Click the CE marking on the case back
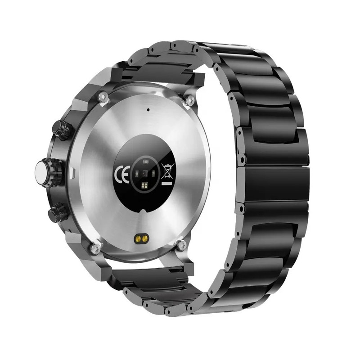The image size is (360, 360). [x=122, y=174]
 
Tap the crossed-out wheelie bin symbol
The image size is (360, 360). [x=168, y=171]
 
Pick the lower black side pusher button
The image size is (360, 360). [x=58, y=213]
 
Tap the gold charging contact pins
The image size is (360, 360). [x=141, y=239]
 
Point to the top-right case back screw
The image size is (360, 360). [x=189, y=100]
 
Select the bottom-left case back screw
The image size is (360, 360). [x=95, y=248]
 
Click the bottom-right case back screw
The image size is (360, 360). [x=182, y=245]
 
